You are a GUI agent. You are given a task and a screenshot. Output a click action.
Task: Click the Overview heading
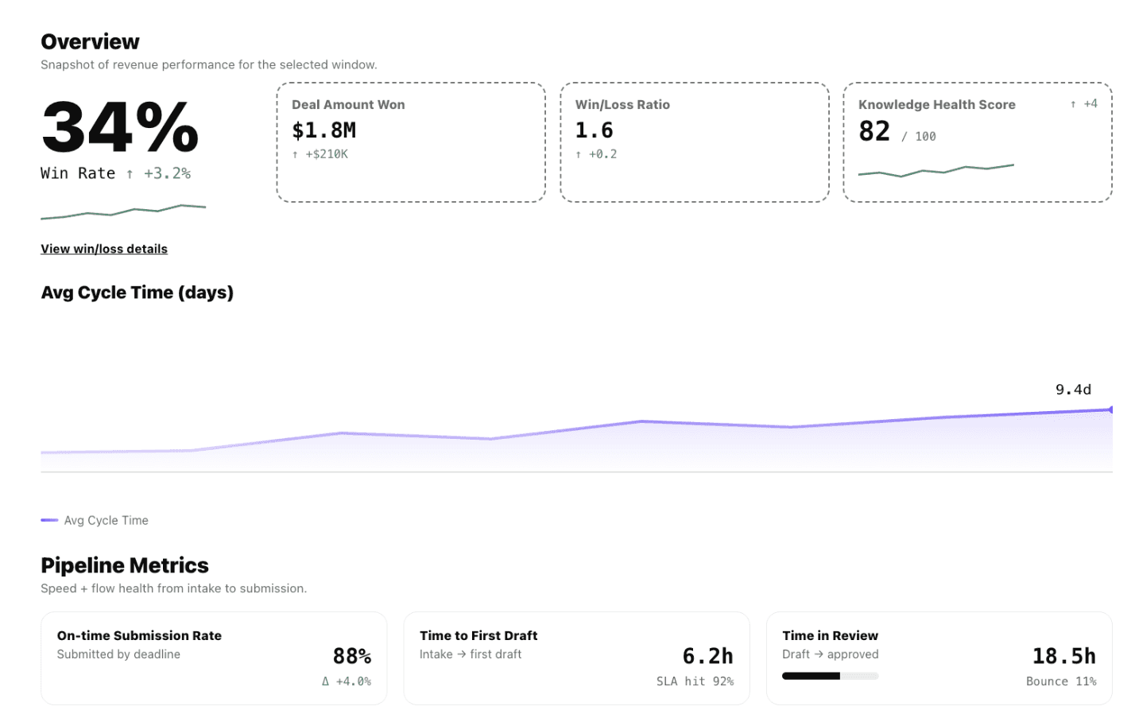(90, 41)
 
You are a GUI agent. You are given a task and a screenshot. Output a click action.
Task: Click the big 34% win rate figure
(119, 127)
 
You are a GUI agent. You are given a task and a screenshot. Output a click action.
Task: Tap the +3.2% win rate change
(167, 173)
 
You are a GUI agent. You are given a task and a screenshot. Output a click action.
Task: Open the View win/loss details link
(104, 249)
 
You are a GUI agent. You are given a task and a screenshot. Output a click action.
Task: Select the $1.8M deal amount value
(323, 130)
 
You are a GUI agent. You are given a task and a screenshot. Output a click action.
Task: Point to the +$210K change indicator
(326, 154)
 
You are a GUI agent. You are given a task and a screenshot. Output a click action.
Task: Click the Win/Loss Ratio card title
(622, 105)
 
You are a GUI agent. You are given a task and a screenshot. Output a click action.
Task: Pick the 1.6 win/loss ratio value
(594, 130)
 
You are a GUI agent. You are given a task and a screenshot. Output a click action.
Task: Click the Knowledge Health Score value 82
(874, 131)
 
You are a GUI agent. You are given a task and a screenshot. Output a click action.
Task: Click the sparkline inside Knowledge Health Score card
(936, 170)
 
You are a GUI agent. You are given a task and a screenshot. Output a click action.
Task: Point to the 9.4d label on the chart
(1073, 390)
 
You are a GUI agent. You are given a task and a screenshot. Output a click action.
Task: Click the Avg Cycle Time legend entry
(105, 520)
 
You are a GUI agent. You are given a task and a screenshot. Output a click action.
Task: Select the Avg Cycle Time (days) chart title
(137, 293)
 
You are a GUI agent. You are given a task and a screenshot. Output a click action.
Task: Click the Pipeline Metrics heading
(125, 565)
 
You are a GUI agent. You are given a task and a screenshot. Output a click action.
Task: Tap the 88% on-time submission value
(351, 656)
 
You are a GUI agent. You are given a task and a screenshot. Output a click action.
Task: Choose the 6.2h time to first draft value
(707, 656)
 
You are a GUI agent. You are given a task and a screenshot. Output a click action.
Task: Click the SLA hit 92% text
(695, 681)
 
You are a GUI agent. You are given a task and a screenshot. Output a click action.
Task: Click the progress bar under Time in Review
(830, 676)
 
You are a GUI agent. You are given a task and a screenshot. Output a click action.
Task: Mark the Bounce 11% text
(1060, 681)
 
